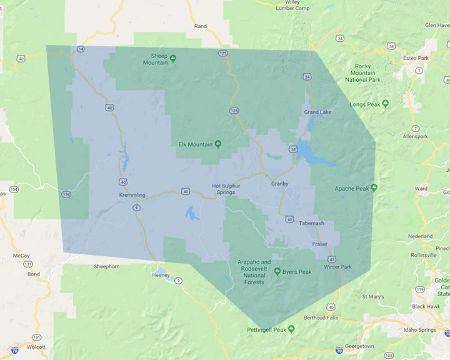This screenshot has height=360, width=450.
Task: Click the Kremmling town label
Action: pos(132,195)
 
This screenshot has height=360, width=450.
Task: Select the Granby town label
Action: pos(279,184)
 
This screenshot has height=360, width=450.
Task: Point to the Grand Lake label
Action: pos(317,112)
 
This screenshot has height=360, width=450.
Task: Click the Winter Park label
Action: pos(337,267)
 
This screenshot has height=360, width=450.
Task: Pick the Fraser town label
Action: pos(320,244)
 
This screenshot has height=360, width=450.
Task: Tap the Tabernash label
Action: pos(311,223)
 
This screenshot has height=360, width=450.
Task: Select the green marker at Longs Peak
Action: pos(386,104)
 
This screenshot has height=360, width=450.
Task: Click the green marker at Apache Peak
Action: pos(374,187)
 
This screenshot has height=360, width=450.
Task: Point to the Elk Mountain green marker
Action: pos(218,144)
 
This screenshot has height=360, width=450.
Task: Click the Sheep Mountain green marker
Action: pos(173,58)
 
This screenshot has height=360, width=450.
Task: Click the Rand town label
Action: pos(200,26)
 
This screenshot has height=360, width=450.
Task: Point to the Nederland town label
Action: pos(420,236)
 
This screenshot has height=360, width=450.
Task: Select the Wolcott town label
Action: pos(36,346)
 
